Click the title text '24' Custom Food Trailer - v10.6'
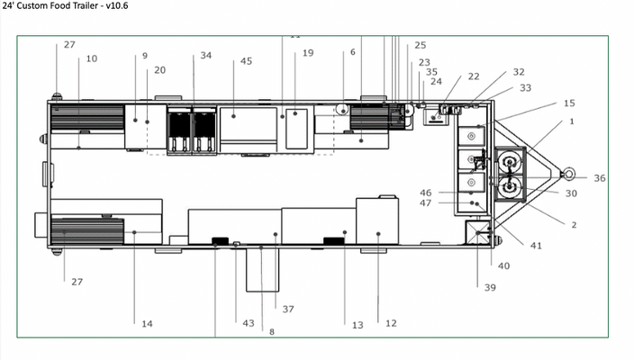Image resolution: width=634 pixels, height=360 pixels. pos(65,5)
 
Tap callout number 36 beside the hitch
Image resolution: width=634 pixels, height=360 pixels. pos(600,178)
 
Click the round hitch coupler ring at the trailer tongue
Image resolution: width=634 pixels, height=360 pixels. pos(568,174)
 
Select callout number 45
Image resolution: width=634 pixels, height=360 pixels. pos(246,61)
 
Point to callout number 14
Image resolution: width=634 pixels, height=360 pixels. pos(147,324)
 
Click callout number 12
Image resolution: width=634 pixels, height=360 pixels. pos(391,323)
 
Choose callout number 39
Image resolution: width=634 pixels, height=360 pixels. pos(490,288)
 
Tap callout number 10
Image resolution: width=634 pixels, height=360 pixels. pos(92,58)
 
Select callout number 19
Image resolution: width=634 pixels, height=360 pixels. pos(308,53)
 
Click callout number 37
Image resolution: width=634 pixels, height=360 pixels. pos(288,309)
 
